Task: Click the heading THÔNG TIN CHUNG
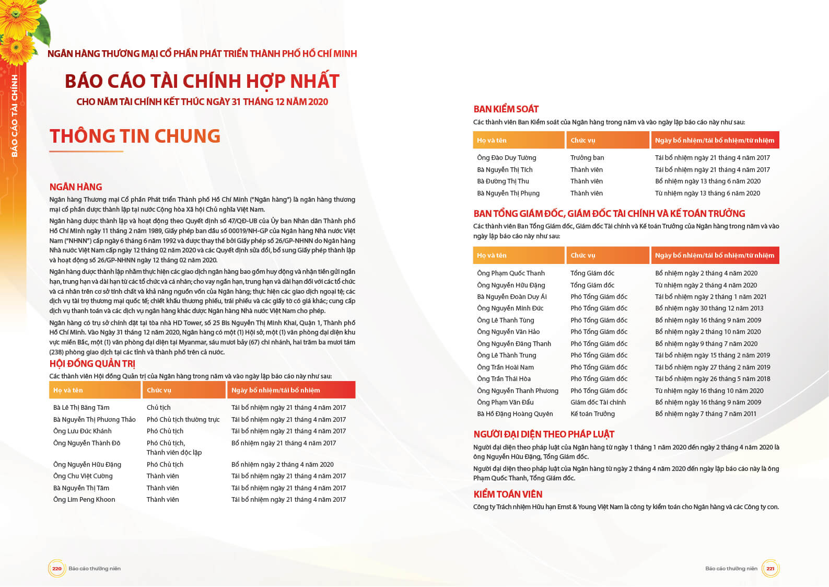pyautogui.click(x=135, y=136)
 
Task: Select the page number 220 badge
pyautogui.click(x=56, y=568)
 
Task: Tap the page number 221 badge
pyautogui.click(x=770, y=568)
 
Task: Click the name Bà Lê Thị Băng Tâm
pyautogui.click(x=81, y=408)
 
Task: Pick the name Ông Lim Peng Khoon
pyautogui.click(x=84, y=500)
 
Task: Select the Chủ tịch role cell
pyautogui.click(x=158, y=408)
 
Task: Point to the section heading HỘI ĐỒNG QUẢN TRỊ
pyautogui.click(x=92, y=364)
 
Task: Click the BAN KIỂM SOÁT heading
pyautogui.click(x=506, y=109)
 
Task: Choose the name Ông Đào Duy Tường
pyautogui.click(x=506, y=158)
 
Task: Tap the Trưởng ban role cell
pyautogui.click(x=587, y=158)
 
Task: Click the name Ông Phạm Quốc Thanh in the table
pyautogui.click(x=510, y=273)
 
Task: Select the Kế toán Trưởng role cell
pyautogui.click(x=592, y=414)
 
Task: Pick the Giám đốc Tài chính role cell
pyautogui.click(x=598, y=402)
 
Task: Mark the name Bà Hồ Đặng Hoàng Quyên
pyautogui.click(x=515, y=414)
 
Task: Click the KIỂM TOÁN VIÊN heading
pyautogui.click(x=508, y=494)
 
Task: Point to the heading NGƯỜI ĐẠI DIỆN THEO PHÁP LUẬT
pyautogui.click(x=544, y=434)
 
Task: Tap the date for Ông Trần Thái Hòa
pyautogui.click(x=713, y=379)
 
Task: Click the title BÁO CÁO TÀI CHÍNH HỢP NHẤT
pyautogui.click(x=202, y=82)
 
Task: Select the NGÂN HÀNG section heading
pyautogui.click(x=76, y=187)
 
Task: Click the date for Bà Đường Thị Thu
pyautogui.click(x=708, y=181)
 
